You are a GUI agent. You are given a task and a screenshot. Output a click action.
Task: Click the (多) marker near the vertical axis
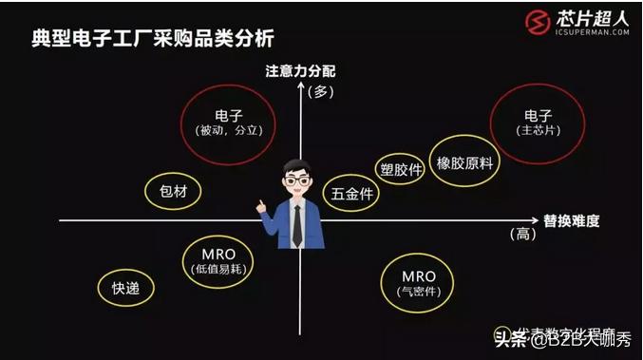(x=323, y=91)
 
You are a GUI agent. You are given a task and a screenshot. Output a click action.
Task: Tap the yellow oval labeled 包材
(x=173, y=191)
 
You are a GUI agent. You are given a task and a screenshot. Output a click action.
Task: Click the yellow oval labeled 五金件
(x=350, y=194)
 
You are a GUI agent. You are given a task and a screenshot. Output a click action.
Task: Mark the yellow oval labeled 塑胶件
(x=400, y=169)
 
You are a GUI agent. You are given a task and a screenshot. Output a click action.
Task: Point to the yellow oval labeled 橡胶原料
(x=464, y=161)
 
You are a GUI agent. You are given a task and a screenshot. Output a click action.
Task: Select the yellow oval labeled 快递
(x=126, y=288)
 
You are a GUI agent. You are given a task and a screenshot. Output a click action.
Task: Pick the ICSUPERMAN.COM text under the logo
(x=594, y=31)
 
